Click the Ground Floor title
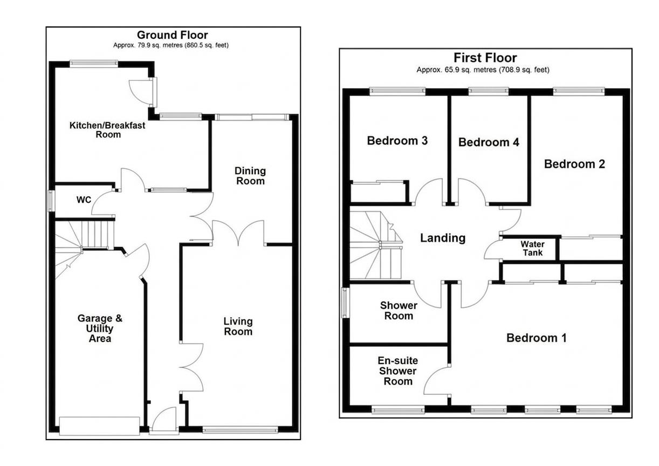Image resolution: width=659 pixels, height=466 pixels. (172, 35)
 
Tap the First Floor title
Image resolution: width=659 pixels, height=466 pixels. (485, 58)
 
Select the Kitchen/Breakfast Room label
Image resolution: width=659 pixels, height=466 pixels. (107, 130)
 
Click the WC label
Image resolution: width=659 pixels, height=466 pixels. (84, 200)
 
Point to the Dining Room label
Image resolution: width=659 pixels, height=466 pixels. (250, 176)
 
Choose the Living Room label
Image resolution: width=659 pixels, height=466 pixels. (238, 326)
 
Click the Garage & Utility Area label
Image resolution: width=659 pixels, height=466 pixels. (100, 328)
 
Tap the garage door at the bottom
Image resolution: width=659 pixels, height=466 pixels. (99, 426)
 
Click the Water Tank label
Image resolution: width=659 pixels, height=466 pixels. (532, 249)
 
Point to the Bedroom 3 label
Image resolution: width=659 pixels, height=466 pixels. (397, 141)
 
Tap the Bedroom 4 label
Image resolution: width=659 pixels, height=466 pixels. (489, 142)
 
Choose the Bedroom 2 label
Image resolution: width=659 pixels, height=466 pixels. (574, 164)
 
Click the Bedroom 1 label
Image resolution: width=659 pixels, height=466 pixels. (536, 338)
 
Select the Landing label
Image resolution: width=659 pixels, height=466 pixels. (442, 238)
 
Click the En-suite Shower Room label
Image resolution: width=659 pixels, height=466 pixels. (398, 371)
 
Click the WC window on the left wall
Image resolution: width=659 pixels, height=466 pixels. (51, 201)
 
